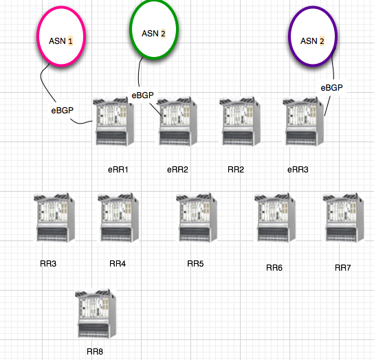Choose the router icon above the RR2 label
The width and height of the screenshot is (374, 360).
(241, 121)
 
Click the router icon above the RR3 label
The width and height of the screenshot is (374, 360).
(54, 217)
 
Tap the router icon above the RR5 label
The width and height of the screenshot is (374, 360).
(197, 217)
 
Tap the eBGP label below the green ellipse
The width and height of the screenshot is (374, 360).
(143, 95)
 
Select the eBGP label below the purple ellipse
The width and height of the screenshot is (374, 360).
(331, 87)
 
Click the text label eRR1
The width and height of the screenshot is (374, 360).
(118, 168)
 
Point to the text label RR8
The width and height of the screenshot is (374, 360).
(95, 351)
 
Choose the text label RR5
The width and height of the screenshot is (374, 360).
(196, 264)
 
